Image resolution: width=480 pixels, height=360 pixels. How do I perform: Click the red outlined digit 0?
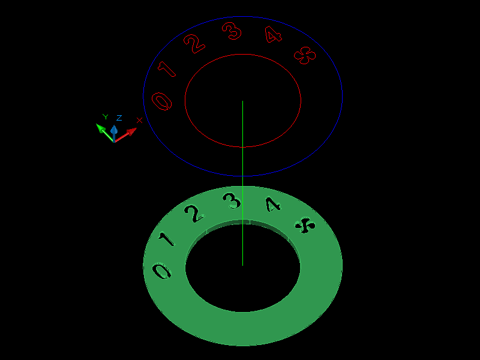[x=163, y=101]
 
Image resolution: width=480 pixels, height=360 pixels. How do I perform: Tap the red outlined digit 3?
[x=232, y=31]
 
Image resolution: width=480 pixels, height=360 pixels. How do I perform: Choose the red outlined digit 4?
[x=273, y=35]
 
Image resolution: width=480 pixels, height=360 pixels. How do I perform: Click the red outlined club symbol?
[x=305, y=56]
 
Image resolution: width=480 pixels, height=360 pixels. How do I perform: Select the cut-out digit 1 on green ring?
[x=166, y=239]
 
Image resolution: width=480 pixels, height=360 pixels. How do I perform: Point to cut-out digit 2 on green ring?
[x=193, y=212]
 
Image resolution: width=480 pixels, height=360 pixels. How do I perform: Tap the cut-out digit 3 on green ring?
[x=232, y=200]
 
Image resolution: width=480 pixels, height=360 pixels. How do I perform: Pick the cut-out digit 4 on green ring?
[x=273, y=205]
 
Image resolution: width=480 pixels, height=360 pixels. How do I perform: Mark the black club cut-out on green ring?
[x=305, y=226]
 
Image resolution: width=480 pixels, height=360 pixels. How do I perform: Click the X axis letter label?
[x=139, y=121]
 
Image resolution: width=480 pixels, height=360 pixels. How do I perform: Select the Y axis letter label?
[x=105, y=117]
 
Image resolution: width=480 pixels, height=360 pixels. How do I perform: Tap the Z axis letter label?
[x=119, y=118]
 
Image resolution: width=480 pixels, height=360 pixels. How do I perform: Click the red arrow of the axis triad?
[x=127, y=134]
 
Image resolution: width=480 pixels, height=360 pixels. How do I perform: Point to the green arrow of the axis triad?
[x=103, y=130]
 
